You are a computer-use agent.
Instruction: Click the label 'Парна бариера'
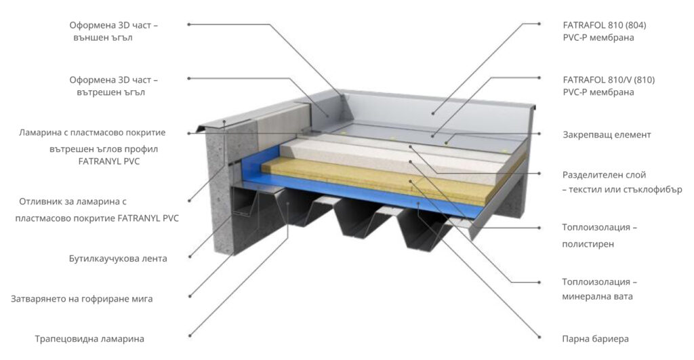595,339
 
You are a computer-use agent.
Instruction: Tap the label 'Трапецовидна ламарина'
89,339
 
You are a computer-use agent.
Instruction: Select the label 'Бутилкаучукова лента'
118,258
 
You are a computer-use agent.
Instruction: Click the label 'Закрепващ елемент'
607,135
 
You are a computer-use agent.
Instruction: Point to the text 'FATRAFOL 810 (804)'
605,25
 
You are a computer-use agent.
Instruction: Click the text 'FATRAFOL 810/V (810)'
609,80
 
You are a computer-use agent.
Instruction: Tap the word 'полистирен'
588,244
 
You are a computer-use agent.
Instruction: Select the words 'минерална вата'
597,296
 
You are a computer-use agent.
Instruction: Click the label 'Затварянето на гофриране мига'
82,299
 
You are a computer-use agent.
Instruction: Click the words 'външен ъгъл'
103,38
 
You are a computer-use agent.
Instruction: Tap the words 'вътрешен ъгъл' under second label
110,93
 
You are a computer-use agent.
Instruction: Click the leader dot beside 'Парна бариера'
539,337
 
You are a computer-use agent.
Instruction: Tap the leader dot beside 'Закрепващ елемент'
539,134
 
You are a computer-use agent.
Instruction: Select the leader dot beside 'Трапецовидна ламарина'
190,336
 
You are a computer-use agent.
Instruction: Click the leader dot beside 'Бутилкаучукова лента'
190,256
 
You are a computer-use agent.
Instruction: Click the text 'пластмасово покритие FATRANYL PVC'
97,218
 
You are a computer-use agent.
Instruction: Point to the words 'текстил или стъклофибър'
626,190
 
